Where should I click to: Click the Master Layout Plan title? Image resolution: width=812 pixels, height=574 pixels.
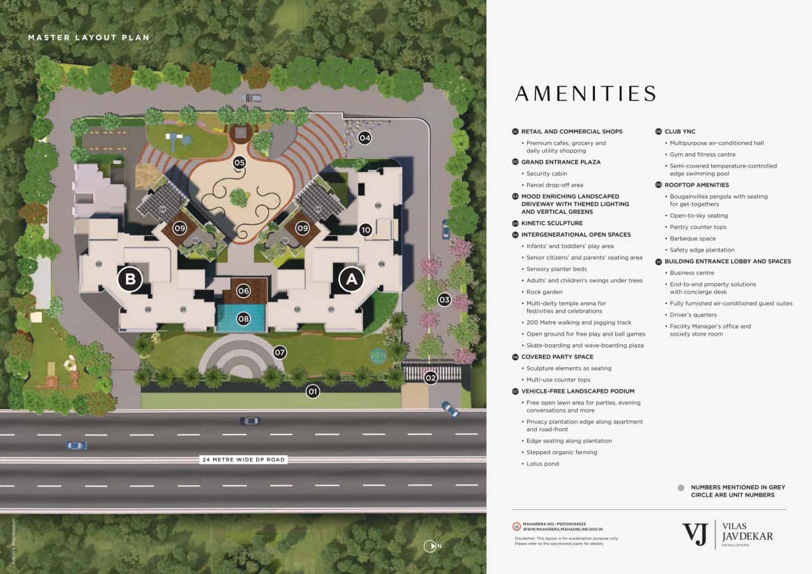[89, 37]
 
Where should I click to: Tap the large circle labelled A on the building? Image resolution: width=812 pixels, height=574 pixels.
[351, 279]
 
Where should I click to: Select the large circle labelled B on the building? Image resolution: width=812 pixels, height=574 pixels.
[129, 279]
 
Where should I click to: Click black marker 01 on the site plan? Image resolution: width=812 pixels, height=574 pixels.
[312, 391]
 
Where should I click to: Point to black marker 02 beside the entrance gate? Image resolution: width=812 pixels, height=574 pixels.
[431, 378]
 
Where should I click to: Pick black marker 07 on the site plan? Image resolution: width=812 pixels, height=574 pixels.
[280, 351]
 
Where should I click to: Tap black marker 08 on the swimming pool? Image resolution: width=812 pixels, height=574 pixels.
[243, 318]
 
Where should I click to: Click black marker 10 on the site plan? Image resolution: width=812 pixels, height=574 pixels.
[365, 230]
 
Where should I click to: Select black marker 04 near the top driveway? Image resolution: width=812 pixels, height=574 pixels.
[364, 137]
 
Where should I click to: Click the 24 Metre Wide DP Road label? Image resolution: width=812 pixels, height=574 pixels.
[244, 459]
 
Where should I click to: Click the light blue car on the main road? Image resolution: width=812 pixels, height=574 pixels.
[76, 445]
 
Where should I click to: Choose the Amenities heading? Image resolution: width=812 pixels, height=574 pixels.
[585, 94]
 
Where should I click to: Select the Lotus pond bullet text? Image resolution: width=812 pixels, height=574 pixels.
[542, 464]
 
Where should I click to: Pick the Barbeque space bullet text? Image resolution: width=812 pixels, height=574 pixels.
[692, 238]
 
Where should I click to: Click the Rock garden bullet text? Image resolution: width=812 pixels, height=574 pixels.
[544, 292]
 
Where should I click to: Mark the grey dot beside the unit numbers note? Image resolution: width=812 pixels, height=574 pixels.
[681, 488]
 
